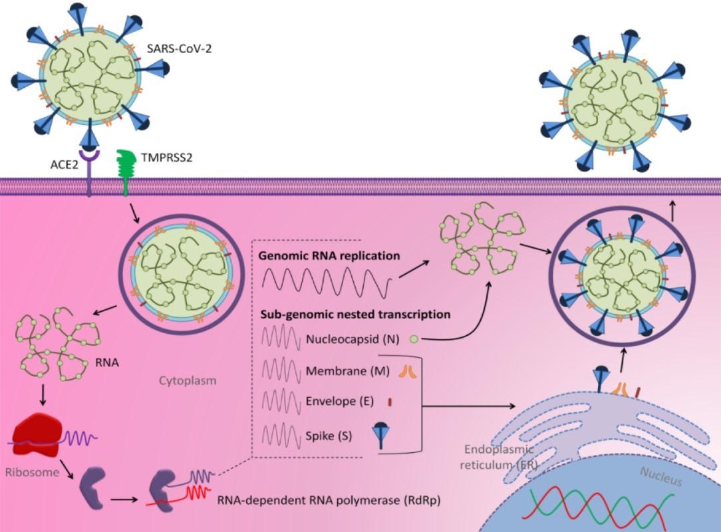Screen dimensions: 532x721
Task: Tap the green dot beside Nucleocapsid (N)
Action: click(413, 340)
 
